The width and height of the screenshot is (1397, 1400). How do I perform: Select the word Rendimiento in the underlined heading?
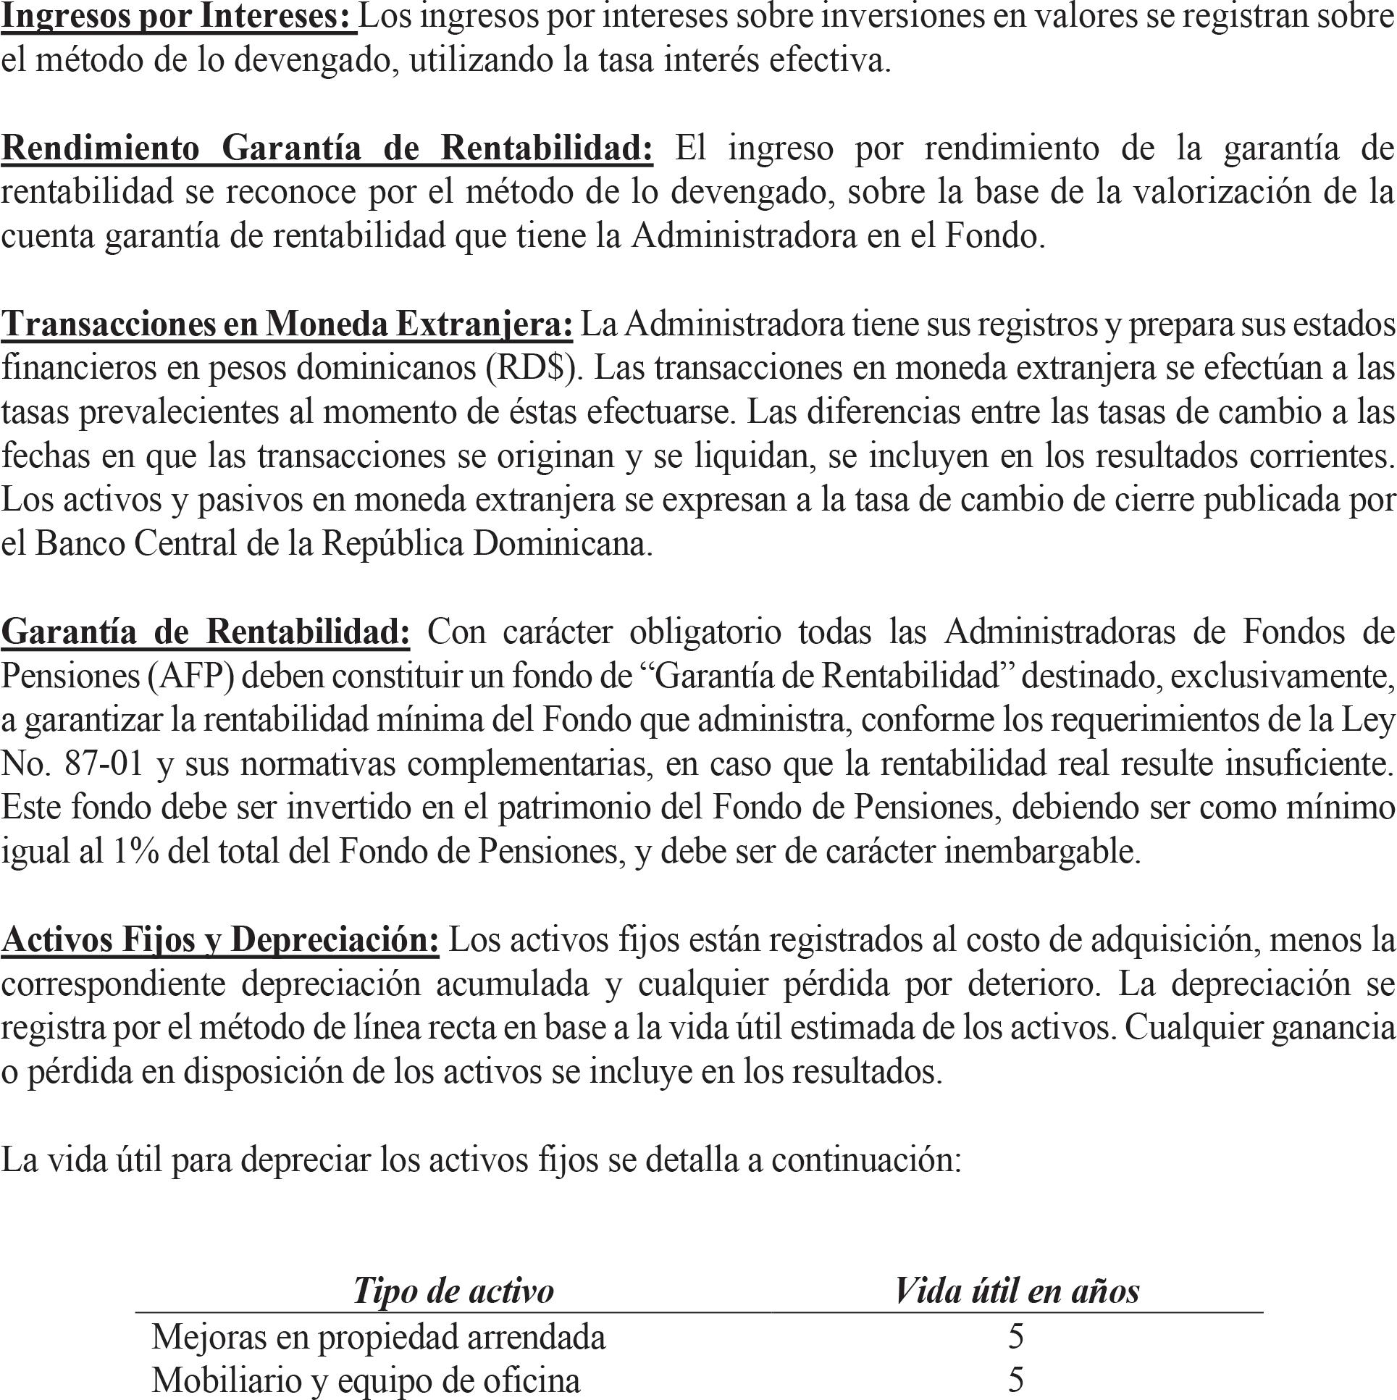pos(100,148)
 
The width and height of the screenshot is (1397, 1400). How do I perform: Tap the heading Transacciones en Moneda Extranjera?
pos(287,324)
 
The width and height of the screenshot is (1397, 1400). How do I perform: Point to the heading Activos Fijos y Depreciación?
pos(220,939)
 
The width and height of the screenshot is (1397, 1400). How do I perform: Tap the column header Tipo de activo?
pos(453,1291)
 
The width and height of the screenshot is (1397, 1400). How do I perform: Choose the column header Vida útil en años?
pos(1017,1291)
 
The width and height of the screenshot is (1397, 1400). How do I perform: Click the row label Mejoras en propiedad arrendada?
pos(378,1337)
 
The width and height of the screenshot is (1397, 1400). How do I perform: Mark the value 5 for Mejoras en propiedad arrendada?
pos(1016,1337)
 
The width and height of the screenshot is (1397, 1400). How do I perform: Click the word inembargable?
pos(1042,852)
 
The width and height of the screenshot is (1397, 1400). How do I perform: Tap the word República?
pos(392,543)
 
